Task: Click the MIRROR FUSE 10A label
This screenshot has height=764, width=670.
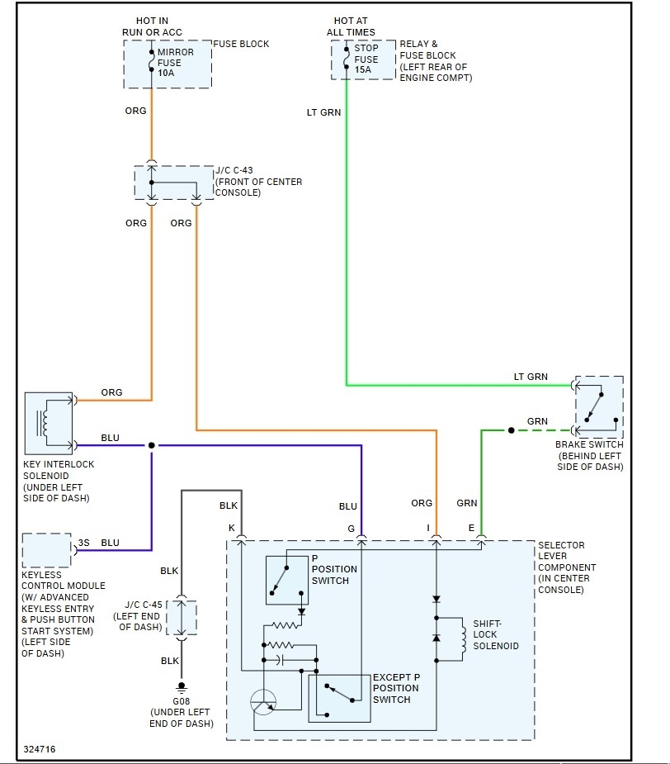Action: click(175, 63)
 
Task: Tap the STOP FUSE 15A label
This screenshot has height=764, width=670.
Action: click(366, 59)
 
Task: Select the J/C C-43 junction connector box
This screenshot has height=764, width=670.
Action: click(173, 183)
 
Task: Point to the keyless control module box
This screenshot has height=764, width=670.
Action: click(47, 550)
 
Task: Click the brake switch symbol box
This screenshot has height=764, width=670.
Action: click(599, 407)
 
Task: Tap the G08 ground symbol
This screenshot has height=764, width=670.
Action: click(182, 687)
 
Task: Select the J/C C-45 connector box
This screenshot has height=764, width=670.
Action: click(182, 618)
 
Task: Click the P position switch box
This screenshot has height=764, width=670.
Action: click(286, 579)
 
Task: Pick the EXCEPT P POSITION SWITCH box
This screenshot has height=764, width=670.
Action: click(338, 697)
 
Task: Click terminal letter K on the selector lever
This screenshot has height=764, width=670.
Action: click(232, 528)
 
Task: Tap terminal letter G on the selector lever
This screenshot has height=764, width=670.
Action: click(351, 528)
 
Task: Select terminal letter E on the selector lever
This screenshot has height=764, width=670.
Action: click(472, 528)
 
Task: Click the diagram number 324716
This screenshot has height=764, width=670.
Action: click(40, 750)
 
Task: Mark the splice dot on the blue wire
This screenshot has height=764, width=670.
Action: click(152, 445)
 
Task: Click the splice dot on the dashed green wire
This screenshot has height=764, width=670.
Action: click(512, 430)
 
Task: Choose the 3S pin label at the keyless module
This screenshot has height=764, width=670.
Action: click(84, 543)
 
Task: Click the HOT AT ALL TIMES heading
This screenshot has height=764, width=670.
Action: click(355, 26)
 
